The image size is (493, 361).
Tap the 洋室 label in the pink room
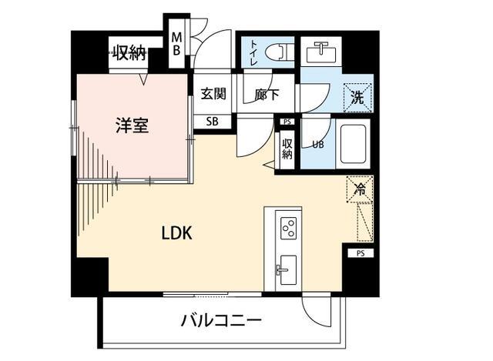132,125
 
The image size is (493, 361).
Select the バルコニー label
222,319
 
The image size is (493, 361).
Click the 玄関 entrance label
213,95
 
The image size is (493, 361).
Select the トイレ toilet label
253,52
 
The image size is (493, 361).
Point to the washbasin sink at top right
319,52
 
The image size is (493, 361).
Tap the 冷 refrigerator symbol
360,188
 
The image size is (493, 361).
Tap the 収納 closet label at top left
129,53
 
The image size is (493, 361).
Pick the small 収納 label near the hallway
287,149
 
